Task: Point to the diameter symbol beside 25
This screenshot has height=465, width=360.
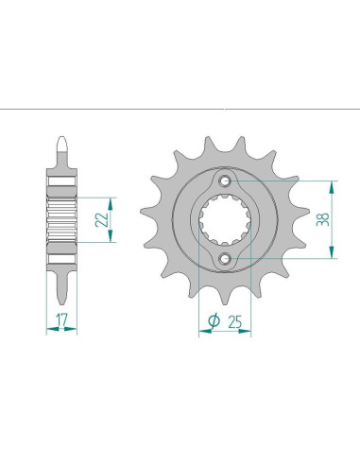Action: click(x=214, y=321)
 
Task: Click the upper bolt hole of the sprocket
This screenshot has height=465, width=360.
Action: click(x=225, y=181)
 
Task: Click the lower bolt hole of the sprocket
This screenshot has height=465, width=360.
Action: click(x=225, y=258)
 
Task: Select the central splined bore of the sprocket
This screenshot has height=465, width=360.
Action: click(x=225, y=220)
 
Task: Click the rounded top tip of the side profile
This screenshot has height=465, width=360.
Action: click(x=62, y=143)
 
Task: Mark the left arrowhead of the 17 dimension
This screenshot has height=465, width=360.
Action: click(x=50, y=332)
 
